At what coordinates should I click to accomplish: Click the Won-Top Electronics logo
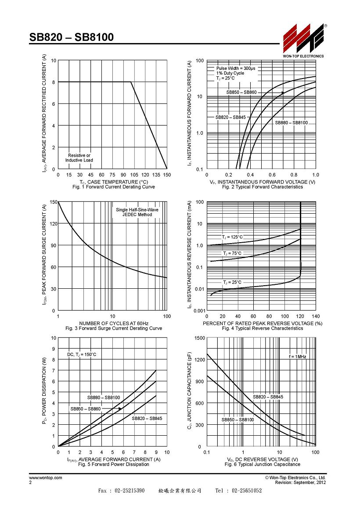pyautogui.click(x=303, y=40)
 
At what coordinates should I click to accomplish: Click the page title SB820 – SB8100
pyautogui.click(x=72, y=37)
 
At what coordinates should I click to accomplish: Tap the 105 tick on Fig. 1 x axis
pyautogui.click(x=134, y=175)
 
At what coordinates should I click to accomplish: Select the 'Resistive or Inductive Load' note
pyautogui.click(x=79, y=158)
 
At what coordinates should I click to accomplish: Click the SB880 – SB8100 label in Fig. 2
pyautogui.click(x=291, y=123)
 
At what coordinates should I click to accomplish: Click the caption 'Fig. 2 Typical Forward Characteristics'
pyautogui.click(x=263, y=187)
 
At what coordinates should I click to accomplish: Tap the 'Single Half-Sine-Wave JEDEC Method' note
pyautogui.click(x=137, y=212)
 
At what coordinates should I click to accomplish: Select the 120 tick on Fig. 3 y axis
pyautogui.click(x=54, y=224)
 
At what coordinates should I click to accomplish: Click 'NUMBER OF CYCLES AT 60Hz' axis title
pyautogui.click(x=114, y=323)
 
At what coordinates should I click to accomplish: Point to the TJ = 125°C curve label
pyautogui.click(x=232, y=237)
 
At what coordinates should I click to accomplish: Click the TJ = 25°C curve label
pyautogui.click(x=232, y=283)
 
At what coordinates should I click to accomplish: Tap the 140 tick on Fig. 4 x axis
pyautogui.click(x=316, y=316)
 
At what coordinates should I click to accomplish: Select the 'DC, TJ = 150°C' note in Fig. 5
pyautogui.click(x=82, y=355)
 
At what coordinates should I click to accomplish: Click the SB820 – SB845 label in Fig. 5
pyautogui.click(x=147, y=419)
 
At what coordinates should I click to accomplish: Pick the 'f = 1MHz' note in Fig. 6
pyautogui.click(x=298, y=356)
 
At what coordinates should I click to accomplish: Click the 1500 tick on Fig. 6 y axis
pyautogui.click(x=200, y=338)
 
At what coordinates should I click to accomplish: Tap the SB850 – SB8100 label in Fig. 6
pyautogui.click(x=238, y=420)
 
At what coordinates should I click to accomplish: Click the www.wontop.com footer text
pyautogui.click(x=46, y=478)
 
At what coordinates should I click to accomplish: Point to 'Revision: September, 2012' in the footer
pyautogui.click(x=300, y=483)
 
